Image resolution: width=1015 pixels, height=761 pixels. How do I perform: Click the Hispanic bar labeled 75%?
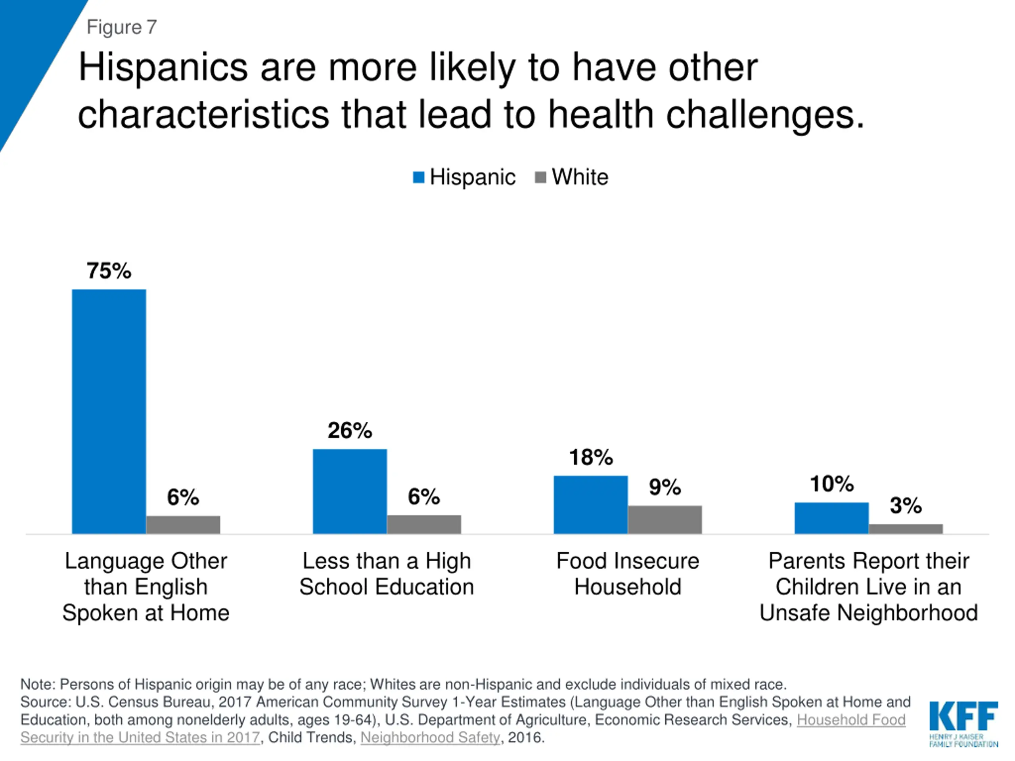coord(109,411)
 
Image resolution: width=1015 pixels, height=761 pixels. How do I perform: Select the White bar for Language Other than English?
coord(183,525)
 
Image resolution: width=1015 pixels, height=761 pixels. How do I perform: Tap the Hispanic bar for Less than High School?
coord(350,491)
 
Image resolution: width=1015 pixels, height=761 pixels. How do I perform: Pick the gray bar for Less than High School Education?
coord(424,524)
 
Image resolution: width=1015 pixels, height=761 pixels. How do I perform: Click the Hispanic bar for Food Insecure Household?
coord(590,505)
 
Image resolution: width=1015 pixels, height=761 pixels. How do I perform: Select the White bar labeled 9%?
coord(665,520)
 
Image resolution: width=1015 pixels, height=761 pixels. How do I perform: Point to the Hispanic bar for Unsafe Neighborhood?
coord(831,518)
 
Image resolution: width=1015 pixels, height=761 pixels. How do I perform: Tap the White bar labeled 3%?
coord(906,529)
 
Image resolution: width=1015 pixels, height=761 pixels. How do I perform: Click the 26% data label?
coord(350,430)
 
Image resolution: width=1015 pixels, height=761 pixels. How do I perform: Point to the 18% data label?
coord(590,457)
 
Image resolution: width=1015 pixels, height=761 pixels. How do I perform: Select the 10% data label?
coord(831,484)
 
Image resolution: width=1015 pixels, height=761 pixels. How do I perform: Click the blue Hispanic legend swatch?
coord(418,178)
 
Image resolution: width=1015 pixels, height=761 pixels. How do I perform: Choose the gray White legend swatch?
coord(540,178)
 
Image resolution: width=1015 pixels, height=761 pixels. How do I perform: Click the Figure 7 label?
coord(122,27)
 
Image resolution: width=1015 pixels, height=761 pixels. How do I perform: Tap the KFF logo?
coord(963,723)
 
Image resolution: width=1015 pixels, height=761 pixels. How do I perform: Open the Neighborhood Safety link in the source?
coord(430,737)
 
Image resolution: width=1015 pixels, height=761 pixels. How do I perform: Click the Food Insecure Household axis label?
coord(628,574)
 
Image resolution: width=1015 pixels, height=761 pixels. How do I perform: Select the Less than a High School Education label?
coord(386,574)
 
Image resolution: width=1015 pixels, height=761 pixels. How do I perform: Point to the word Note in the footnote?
coord(37,684)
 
